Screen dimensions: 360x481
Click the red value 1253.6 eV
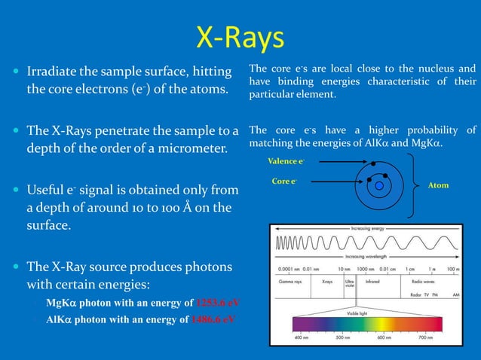tap(215, 304)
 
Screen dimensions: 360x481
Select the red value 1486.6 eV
tap(213, 319)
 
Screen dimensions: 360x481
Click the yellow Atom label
tap(438, 185)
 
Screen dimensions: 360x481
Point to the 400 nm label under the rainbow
tap(302, 338)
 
